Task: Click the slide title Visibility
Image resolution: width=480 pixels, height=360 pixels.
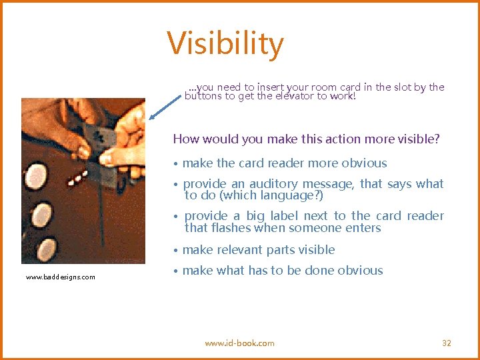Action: tap(225, 44)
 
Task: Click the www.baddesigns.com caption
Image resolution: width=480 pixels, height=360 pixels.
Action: tap(61, 277)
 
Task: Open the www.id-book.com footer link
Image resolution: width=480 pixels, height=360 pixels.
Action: tap(239, 343)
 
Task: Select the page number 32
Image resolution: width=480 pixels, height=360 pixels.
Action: tap(447, 343)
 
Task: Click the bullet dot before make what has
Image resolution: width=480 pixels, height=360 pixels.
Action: tap(175, 271)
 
